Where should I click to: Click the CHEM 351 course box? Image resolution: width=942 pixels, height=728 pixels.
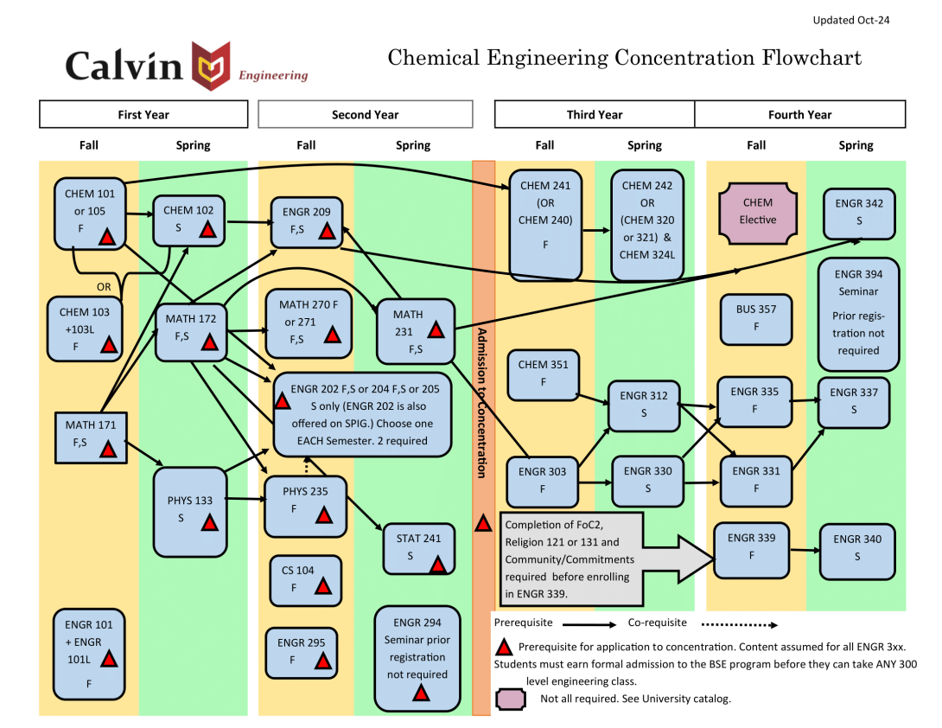click(543, 374)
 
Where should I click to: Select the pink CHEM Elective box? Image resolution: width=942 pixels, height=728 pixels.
click(757, 212)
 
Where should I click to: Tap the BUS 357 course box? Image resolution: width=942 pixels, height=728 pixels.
click(757, 318)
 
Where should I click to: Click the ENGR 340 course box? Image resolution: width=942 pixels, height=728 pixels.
click(857, 550)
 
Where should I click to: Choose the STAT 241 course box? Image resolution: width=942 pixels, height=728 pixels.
click(418, 548)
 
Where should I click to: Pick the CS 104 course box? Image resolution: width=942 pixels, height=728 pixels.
click(305, 580)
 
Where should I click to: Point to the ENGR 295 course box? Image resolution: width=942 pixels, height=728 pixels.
click(301, 653)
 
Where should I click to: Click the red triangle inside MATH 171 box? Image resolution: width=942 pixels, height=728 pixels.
click(108, 449)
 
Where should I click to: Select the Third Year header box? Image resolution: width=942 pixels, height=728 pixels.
click(594, 114)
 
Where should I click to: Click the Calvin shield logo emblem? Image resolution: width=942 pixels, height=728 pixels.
click(212, 66)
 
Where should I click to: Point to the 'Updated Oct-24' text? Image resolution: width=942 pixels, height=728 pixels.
click(850, 21)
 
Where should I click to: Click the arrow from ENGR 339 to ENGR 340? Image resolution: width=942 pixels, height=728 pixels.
click(803, 550)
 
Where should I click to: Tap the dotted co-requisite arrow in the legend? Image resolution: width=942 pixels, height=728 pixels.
click(739, 624)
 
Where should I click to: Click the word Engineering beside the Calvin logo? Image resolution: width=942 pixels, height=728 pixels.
click(273, 75)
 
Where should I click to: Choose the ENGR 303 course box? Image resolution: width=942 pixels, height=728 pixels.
click(542, 479)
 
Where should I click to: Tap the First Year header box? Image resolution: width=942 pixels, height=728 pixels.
click(143, 114)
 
